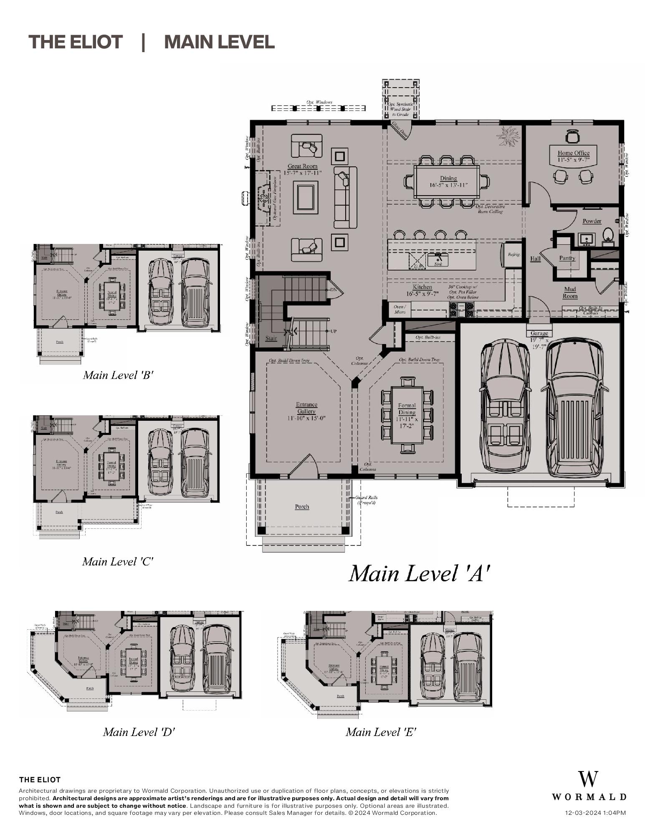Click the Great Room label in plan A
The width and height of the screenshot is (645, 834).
point(302,166)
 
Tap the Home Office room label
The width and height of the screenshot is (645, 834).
point(573,153)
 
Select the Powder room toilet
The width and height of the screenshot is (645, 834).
point(608,235)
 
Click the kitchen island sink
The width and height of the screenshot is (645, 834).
point(438,259)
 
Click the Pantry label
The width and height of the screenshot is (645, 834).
point(567,258)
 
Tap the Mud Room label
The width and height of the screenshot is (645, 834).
point(570,292)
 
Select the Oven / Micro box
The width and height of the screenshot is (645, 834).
point(400,309)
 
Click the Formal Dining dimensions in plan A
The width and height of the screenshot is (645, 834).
point(407,420)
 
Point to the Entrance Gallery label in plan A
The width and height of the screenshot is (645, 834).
point(306,407)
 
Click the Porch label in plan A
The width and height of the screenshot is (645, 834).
point(302,507)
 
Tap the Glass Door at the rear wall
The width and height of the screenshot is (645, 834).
point(400,130)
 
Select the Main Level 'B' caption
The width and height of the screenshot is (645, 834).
point(118,375)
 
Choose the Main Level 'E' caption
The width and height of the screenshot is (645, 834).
point(381,732)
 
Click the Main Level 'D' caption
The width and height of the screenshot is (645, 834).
point(139,732)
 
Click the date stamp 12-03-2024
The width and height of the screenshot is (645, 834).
point(595,813)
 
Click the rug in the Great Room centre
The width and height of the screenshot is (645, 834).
point(305,197)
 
